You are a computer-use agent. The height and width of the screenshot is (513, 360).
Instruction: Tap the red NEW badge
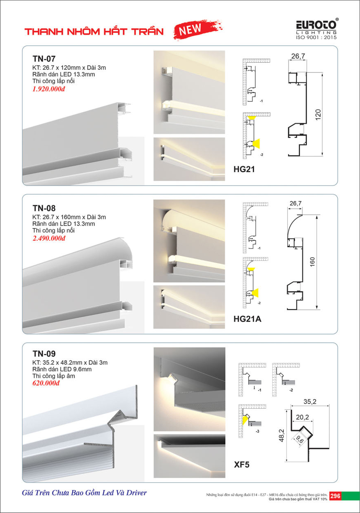(x=198, y=29)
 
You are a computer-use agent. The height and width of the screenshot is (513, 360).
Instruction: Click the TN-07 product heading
(x=44, y=59)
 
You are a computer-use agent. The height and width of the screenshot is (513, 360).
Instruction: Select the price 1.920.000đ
(x=49, y=89)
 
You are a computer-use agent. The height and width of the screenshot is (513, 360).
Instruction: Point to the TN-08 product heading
(x=44, y=208)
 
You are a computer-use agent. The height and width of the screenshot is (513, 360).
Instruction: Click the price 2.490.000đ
(x=49, y=238)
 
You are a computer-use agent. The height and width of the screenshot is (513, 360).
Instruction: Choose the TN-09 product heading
(x=44, y=354)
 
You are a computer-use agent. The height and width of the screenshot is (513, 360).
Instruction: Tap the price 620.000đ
(x=46, y=383)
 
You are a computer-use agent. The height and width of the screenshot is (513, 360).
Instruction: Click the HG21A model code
(x=248, y=319)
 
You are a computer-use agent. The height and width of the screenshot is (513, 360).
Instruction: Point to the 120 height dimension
(x=318, y=115)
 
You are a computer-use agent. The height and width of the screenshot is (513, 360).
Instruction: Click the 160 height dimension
(x=312, y=262)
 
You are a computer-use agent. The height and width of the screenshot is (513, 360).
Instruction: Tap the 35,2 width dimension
(x=310, y=401)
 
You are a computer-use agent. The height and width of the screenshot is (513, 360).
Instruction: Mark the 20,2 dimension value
(x=303, y=417)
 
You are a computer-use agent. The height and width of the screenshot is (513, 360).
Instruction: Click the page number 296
(x=335, y=496)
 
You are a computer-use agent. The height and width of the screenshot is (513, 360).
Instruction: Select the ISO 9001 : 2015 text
(x=316, y=37)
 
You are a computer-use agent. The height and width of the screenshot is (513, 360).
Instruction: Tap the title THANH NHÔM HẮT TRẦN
(x=94, y=31)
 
